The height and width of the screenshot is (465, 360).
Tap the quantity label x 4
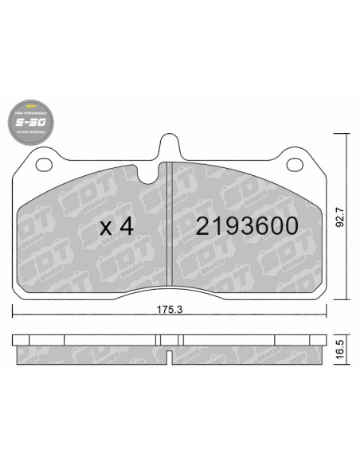pyautogui.click(x=115, y=226)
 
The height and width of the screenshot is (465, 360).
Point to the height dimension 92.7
pyautogui.click(x=340, y=218)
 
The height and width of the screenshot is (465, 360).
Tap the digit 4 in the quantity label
pyautogui.click(x=125, y=226)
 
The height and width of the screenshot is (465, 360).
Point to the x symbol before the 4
pyautogui.click(x=105, y=228)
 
